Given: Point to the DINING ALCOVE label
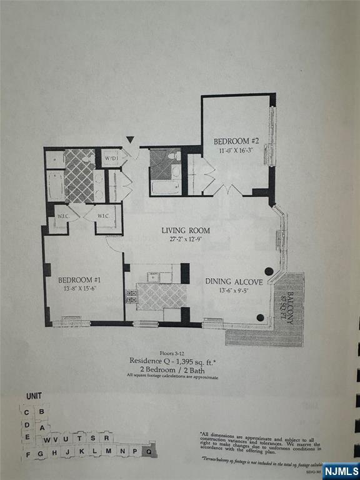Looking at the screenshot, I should click(x=234, y=282).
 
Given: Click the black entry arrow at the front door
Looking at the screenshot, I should click(x=130, y=140).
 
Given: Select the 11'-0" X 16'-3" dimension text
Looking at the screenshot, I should click(x=236, y=150).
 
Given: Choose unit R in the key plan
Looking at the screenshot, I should click(x=106, y=437).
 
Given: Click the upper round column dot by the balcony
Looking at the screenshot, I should click(x=268, y=271).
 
